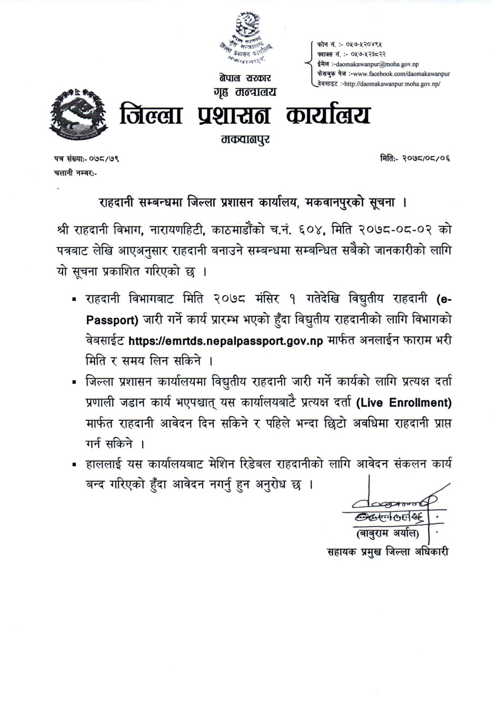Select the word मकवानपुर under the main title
pyautogui.click(x=245, y=140)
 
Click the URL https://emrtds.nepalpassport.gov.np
pyautogui.click(x=226, y=341)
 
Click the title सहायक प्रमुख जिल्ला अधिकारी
pyautogui.click(x=388, y=552)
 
